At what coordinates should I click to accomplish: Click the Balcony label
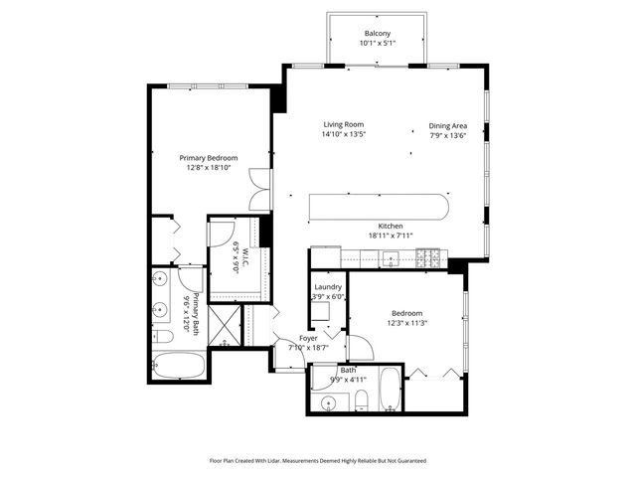click(x=378, y=34)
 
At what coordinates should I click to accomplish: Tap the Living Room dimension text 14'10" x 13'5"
click(x=344, y=134)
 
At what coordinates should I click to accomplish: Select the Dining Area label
click(x=447, y=125)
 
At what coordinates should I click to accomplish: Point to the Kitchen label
click(x=389, y=225)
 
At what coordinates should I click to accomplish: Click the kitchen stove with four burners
click(x=428, y=259)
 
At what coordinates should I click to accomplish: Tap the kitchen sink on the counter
click(x=392, y=259)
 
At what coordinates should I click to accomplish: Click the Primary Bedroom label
click(x=208, y=158)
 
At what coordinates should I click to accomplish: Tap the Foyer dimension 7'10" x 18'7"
click(x=309, y=348)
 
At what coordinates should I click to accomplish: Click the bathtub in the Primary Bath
click(x=179, y=364)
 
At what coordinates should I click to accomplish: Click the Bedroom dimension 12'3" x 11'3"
click(x=406, y=321)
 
